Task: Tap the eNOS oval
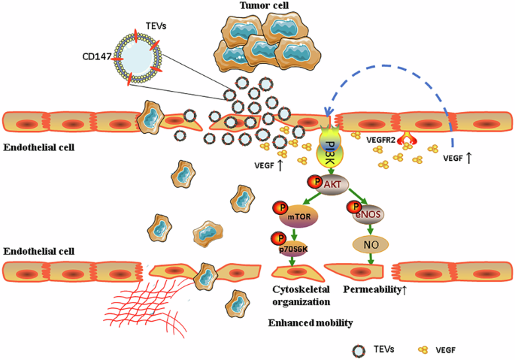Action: point(370,214)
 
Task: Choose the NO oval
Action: point(370,244)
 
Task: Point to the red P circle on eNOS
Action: point(352,207)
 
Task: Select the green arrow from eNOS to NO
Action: point(370,229)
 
